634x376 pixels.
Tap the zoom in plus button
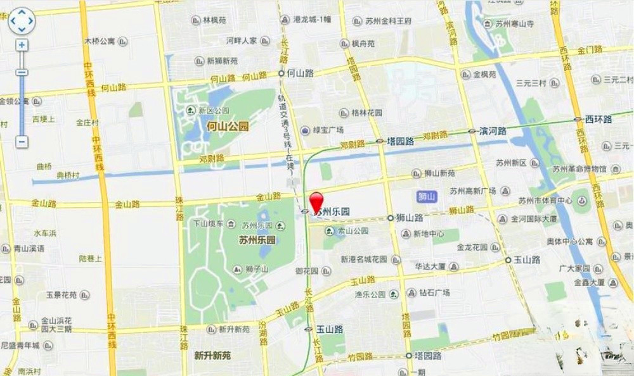pos(22,45)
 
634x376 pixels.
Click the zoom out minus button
pos(22,142)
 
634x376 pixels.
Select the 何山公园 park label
pos(228,127)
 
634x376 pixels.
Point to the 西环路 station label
pos(598,119)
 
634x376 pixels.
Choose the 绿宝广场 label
pos(328,130)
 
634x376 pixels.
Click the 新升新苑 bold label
pos(212,356)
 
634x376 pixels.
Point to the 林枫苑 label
pos(214,20)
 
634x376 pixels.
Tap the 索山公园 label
pos(351,231)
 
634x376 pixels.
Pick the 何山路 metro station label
pos(300,73)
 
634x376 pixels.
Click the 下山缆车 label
pos(208,223)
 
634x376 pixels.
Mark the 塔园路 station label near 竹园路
pos(427,356)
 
